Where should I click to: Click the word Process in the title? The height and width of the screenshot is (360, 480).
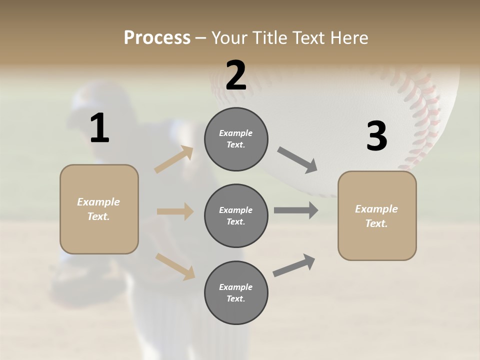(157, 37)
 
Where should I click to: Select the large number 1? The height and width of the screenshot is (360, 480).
(99, 128)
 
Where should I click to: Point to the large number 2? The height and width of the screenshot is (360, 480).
(236, 75)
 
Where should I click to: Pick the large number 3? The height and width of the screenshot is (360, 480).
(376, 136)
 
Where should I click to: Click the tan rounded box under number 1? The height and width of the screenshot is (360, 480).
(99, 209)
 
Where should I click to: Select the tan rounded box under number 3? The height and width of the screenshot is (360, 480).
(377, 216)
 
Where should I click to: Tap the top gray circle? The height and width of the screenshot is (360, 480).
(236, 139)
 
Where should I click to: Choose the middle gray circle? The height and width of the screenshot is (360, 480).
(236, 216)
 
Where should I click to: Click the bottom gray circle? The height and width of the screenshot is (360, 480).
(236, 293)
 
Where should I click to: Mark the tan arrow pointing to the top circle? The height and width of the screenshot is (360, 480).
(174, 160)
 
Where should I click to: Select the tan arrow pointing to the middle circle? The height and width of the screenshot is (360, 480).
(175, 211)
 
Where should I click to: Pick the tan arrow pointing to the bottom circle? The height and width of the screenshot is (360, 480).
(175, 266)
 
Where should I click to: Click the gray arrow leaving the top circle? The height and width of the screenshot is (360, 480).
(297, 160)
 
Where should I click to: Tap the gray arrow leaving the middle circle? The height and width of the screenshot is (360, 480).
(296, 210)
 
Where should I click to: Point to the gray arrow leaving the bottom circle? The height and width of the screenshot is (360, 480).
(294, 265)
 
